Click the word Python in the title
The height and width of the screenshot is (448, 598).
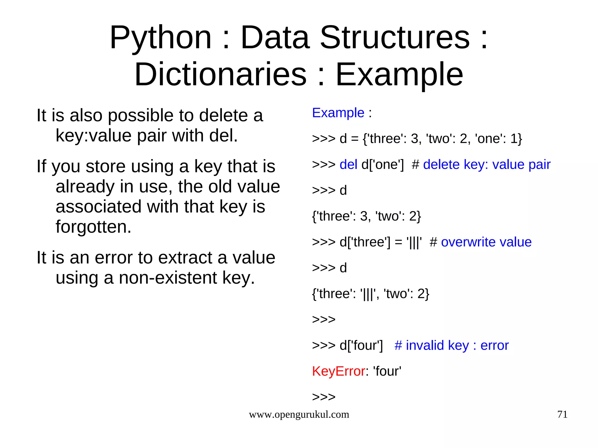[160, 38]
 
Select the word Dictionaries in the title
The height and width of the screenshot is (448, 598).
[220, 75]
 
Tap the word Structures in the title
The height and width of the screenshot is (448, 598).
[395, 38]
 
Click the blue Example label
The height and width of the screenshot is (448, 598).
[338, 113]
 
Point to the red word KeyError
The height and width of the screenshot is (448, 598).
[338, 371]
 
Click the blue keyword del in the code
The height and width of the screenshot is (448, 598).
[348, 165]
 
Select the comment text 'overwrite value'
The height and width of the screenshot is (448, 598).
[486, 242]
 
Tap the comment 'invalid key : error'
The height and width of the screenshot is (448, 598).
[457, 346]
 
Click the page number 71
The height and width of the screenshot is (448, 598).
[562, 414]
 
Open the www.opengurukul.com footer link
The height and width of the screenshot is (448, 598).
[299, 414]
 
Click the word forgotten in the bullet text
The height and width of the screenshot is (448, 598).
[93, 227]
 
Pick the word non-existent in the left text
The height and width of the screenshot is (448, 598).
[168, 278]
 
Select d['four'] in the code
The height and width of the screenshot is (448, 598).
[361, 346]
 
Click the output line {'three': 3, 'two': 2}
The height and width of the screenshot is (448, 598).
[366, 216]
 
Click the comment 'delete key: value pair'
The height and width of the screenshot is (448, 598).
[486, 165]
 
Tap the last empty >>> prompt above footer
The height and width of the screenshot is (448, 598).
[324, 397]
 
